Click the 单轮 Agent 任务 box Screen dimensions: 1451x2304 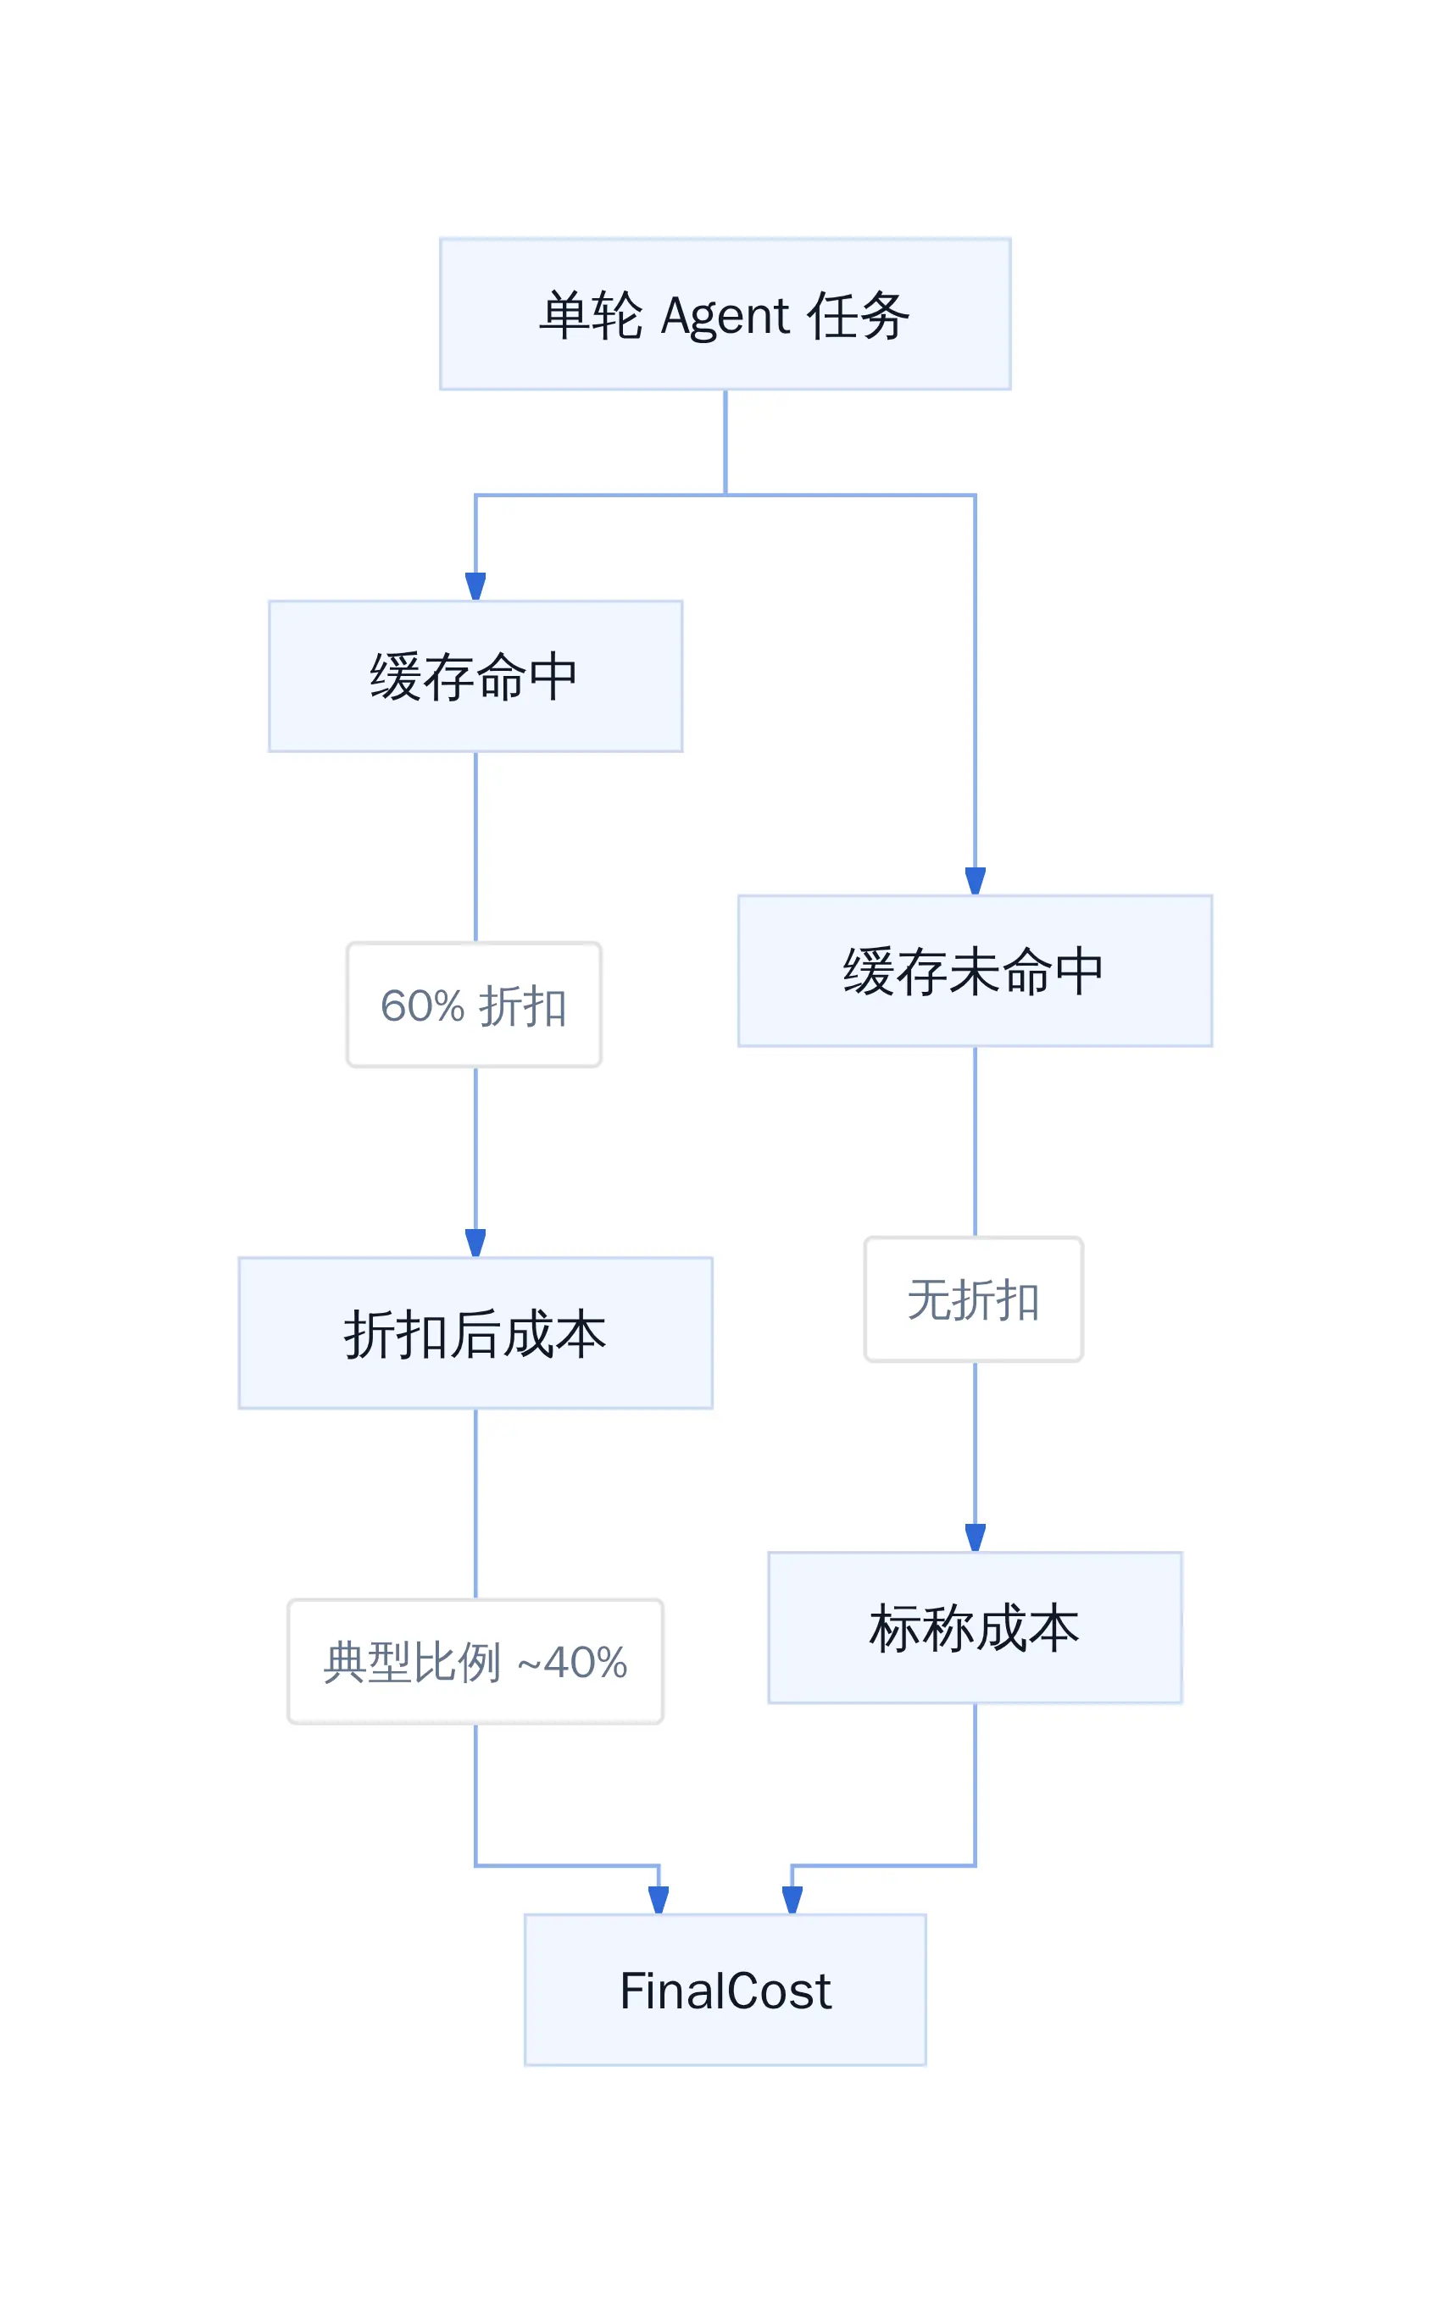pos(725,313)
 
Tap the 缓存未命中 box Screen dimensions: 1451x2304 pos(975,970)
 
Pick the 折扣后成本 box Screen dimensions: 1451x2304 pos(475,1332)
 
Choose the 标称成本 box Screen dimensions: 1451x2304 pos(975,1627)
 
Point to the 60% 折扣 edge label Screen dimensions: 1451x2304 pos(474,1005)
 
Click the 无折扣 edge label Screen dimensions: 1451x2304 pos(973,1299)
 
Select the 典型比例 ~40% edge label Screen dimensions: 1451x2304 pos(475,1661)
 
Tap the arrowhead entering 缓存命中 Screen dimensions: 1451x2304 pos(475,586)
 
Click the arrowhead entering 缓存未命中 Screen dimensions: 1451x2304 pos(975,881)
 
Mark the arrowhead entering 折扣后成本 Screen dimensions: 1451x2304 pos(475,1243)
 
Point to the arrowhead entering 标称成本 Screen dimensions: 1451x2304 pos(975,1537)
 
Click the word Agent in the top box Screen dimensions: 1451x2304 pos(725,317)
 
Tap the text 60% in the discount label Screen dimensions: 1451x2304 pos(422,1005)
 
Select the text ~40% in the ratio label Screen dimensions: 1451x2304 pos(572,1662)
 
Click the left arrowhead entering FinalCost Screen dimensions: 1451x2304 pos(658,1900)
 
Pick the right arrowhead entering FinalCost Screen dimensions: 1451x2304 pos(792,1900)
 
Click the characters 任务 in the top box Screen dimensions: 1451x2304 pos(858,315)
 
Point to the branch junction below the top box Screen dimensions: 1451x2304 pos(725,495)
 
